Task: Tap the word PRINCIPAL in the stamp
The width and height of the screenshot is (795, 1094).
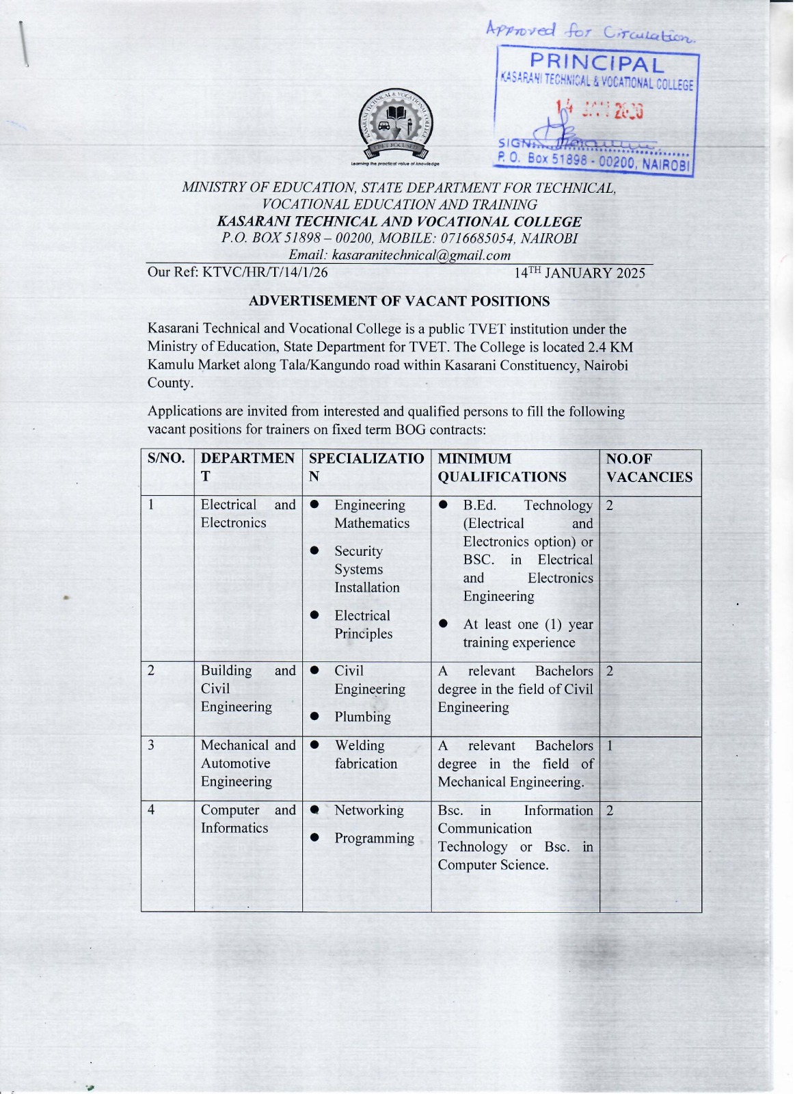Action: tap(597, 64)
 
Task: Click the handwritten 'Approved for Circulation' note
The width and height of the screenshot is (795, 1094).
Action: tap(590, 31)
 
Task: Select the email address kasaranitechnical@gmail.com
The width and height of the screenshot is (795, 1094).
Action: tap(421, 255)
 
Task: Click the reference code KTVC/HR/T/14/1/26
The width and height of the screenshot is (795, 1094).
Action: tap(265, 272)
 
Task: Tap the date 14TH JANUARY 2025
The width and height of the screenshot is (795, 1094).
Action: tap(579, 273)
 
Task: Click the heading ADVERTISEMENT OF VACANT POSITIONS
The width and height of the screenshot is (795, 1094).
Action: tap(399, 301)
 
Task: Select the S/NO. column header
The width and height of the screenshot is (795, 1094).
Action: tap(166, 459)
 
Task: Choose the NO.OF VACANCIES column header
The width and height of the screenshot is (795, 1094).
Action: tap(649, 468)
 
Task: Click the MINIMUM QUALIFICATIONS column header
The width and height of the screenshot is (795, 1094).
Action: tap(502, 468)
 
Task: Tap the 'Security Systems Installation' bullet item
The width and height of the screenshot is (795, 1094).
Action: tap(366, 569)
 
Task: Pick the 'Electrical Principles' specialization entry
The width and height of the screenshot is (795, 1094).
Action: tap(363, 624)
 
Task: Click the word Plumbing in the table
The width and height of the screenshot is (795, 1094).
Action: tap(362, 717)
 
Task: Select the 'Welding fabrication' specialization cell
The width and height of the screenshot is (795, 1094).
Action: tap(365, 754)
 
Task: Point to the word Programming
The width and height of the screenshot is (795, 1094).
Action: tap(374, 838)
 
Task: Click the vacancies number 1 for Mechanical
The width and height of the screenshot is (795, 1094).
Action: tap(610, 745)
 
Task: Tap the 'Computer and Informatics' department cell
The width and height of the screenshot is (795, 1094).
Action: tap(247, 818)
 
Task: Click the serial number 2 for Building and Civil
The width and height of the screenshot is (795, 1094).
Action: tap(151, 671)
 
